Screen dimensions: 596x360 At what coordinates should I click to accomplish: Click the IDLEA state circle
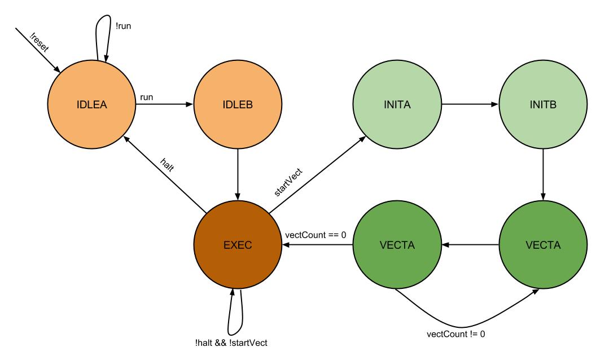click(91, 104)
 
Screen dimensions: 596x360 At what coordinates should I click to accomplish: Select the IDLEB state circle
click(238, 104)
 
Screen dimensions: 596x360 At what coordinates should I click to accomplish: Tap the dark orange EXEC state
click(238, 244)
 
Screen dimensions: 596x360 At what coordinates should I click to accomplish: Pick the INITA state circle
click(397, 104)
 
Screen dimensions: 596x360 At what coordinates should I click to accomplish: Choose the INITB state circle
click(543, 104)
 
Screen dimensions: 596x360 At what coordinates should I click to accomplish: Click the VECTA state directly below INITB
click(543, 244)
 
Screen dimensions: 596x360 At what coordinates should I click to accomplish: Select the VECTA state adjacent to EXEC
click(397, 244)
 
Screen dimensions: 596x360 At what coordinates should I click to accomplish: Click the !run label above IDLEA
click(123, 26)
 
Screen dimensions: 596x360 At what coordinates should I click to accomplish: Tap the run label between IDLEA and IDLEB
click(146, 97)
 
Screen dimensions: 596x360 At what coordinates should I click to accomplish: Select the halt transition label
click(167, 165)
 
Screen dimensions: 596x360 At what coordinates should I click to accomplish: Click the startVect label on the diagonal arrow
click(288, 182)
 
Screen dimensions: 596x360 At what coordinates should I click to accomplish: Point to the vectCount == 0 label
click(315, 235)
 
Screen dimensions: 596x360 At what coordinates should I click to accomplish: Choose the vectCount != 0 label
click(455, 334)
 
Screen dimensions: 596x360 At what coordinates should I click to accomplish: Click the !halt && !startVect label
click(231, 343)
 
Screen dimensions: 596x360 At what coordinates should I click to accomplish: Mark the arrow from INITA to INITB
click(470, 104)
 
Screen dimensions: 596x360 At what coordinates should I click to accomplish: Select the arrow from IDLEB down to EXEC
click(238, 174)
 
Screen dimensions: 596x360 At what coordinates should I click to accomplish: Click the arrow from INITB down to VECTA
click(543, 174)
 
